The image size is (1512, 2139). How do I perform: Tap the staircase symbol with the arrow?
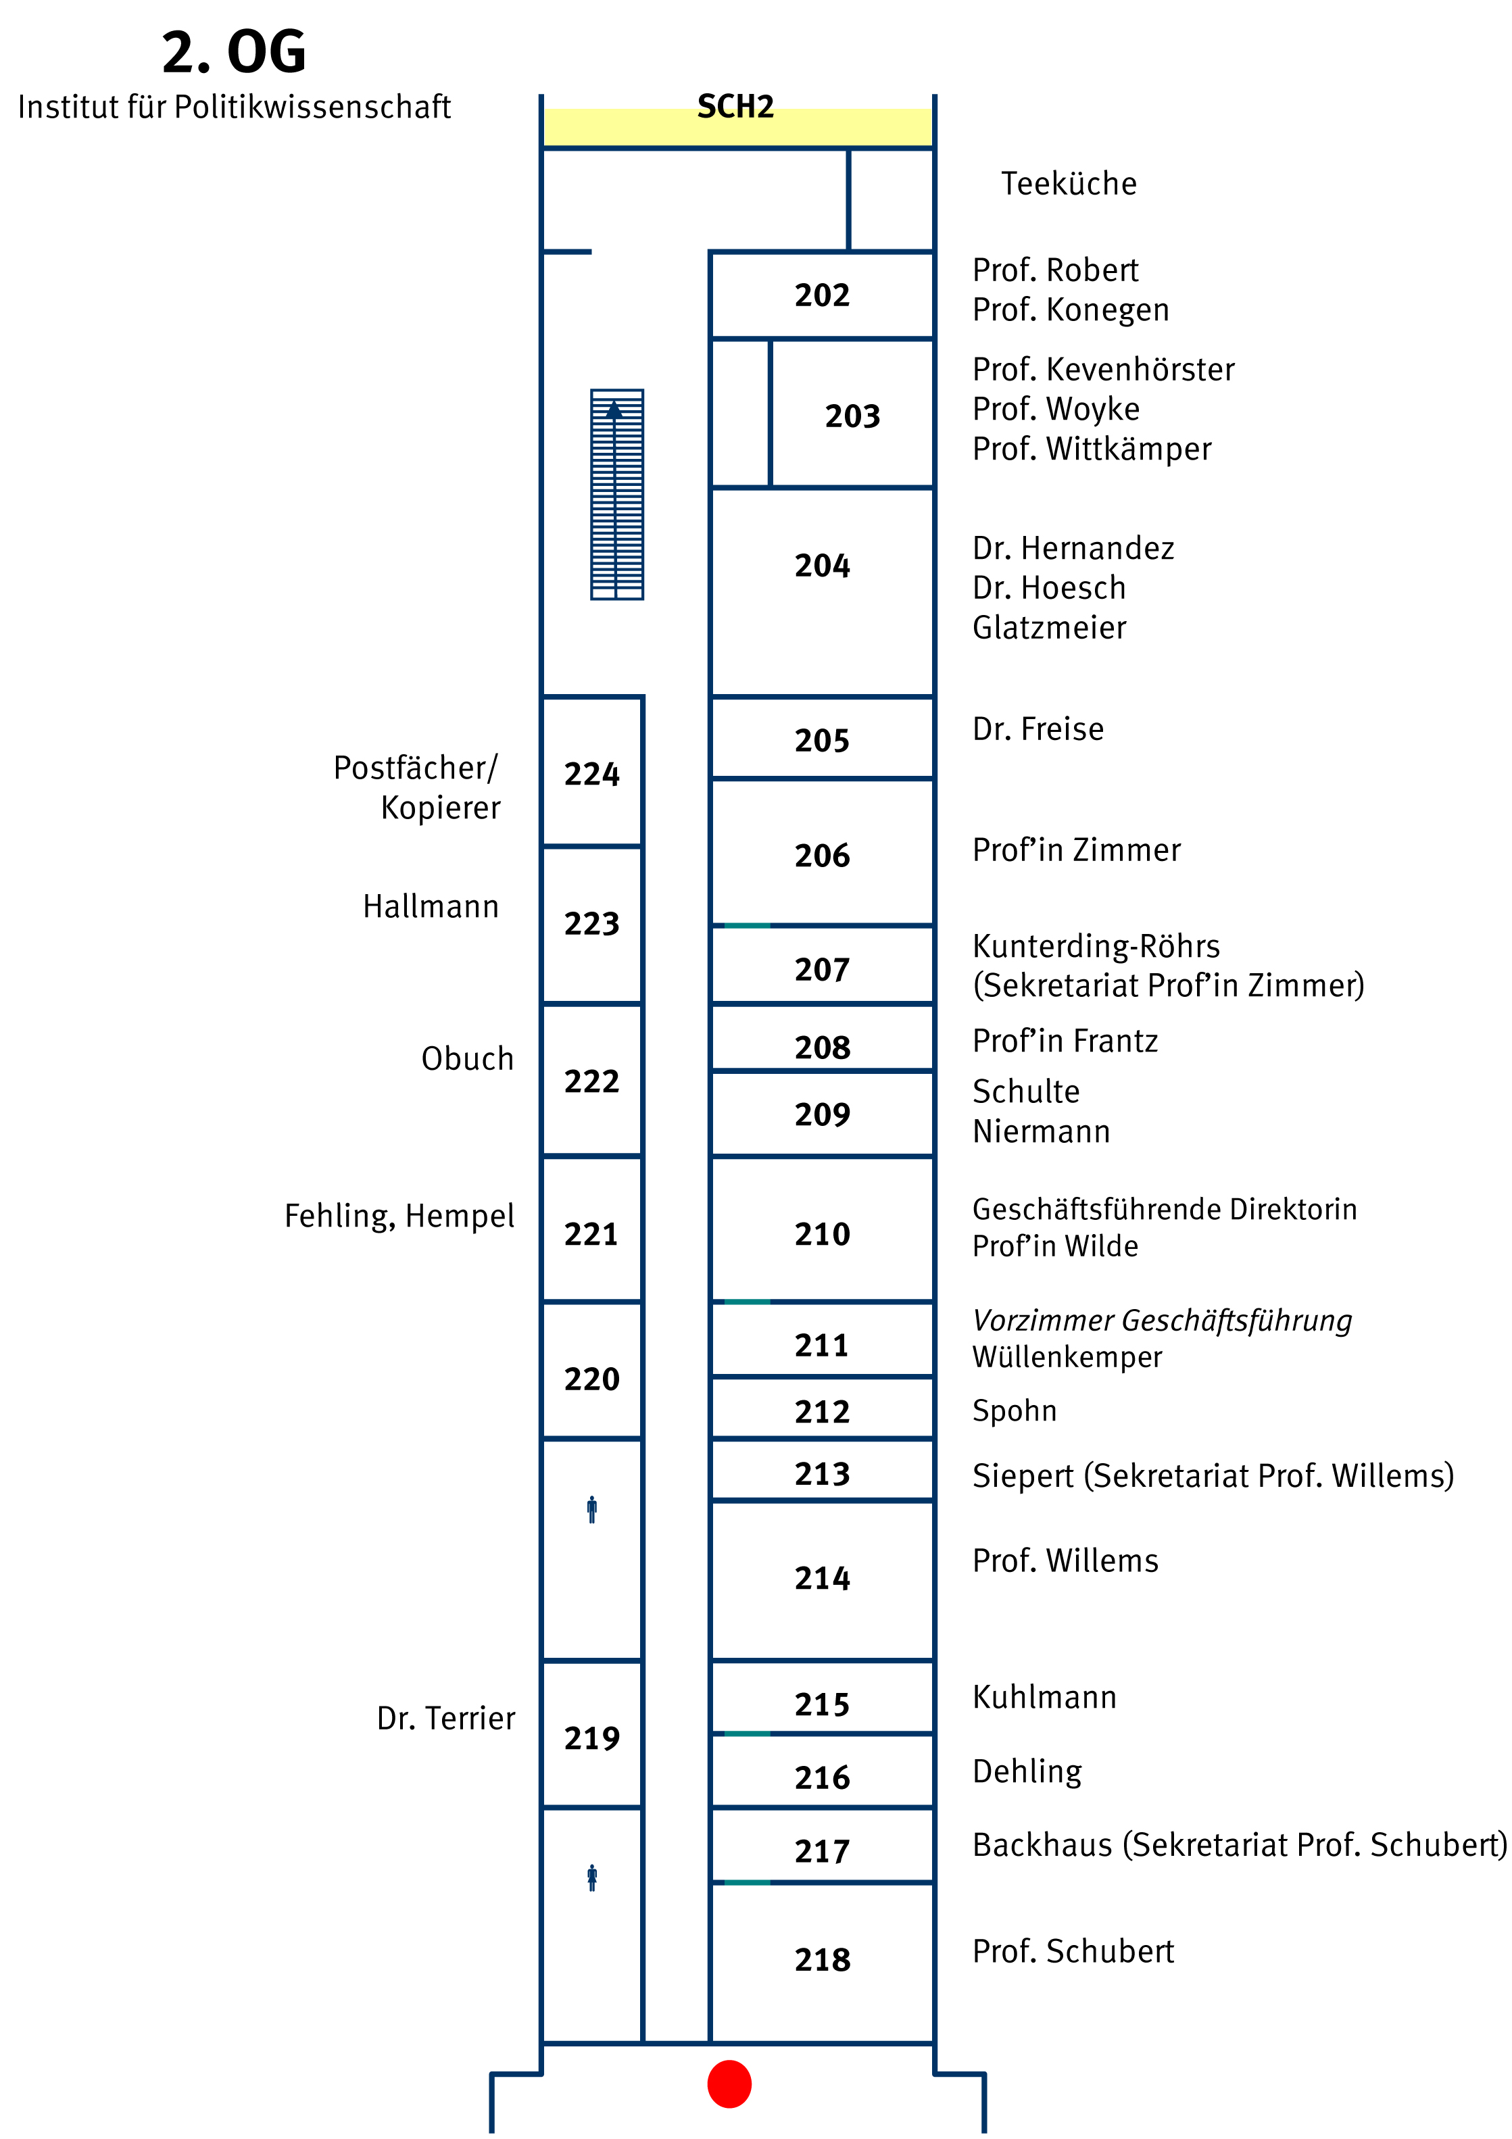pyautogui.click(x=616, y=494)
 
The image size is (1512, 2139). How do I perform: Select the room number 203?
pyautogui.click(x=852, y=416)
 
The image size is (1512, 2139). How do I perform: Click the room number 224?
pyautogui.click(x=591, y=775)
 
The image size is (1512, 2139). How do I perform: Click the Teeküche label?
pyautogui.click(x=1069, y=184)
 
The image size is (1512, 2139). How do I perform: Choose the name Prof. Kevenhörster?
pyautogui.click(x=1103, y=370)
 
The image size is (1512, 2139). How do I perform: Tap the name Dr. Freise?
pyautogui.click(x=1038, y=729)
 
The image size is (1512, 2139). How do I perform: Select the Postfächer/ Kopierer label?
pyautogui.click(x=416, y=787)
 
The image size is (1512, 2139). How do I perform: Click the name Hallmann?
pyautogui.click(x=431, y=906)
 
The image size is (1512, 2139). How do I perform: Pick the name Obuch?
pyautogui.click(x=467, y=1059)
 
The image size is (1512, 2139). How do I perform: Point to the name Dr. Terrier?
pyautogui.click(x=445, y=1718)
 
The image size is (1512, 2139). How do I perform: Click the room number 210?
pyautogui.click(x=822, y=1233)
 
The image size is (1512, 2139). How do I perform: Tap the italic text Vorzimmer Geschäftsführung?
pyautogui.click(x=1162, y=1320)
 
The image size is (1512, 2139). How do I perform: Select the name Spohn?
pyautogui.click(x=1015, y=1410)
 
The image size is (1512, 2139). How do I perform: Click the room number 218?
pyautogui.click(x=822, y=1959)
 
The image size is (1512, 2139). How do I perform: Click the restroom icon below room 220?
pyautogui.click(x=591, y=1509)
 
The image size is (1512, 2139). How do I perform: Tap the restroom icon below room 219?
pyautogui.click(x=591, y=1877)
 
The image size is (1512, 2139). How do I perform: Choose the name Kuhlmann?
pyautogui.click(x=1044, y=1698)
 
